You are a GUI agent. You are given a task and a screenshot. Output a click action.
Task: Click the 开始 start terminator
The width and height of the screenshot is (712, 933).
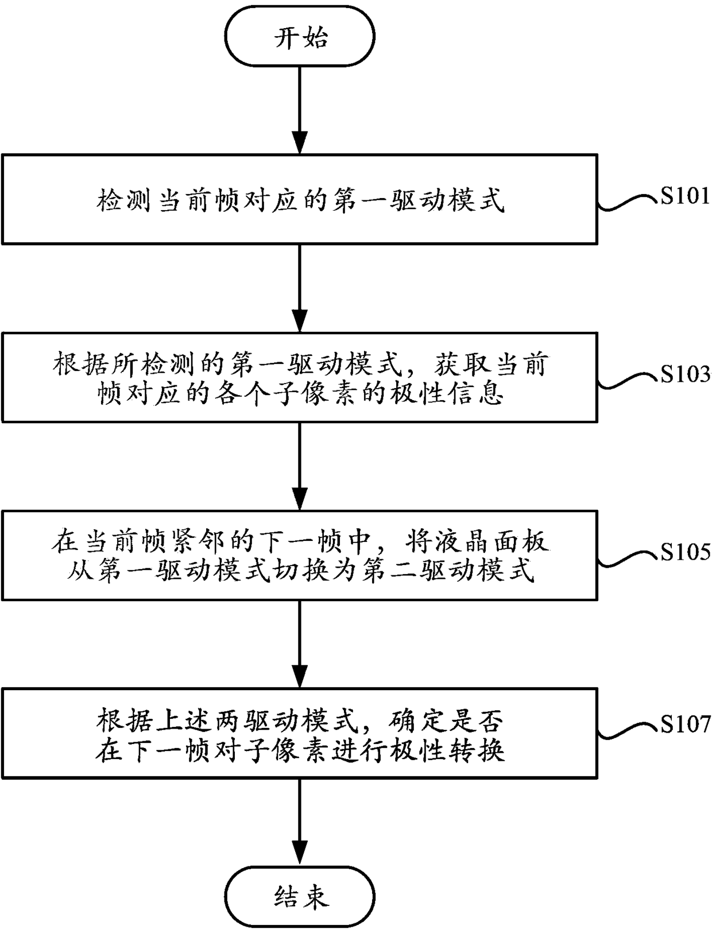300,37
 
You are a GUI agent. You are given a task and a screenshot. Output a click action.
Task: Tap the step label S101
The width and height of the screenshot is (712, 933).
685,196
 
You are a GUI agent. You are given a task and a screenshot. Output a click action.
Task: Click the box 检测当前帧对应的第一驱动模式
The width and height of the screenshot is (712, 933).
300,199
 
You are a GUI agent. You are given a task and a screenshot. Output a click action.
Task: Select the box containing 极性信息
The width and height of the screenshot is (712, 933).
300,377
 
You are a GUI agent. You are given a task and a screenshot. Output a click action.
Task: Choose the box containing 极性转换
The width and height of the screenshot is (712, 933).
300,733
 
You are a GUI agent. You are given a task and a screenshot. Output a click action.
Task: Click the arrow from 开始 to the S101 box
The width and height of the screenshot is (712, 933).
300,110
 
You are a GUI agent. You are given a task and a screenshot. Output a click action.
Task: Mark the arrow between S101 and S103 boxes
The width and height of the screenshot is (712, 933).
300,289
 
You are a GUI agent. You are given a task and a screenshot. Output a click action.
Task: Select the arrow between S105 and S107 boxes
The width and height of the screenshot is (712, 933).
300,644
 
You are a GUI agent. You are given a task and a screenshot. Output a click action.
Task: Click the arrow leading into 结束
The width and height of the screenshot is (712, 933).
300,823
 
